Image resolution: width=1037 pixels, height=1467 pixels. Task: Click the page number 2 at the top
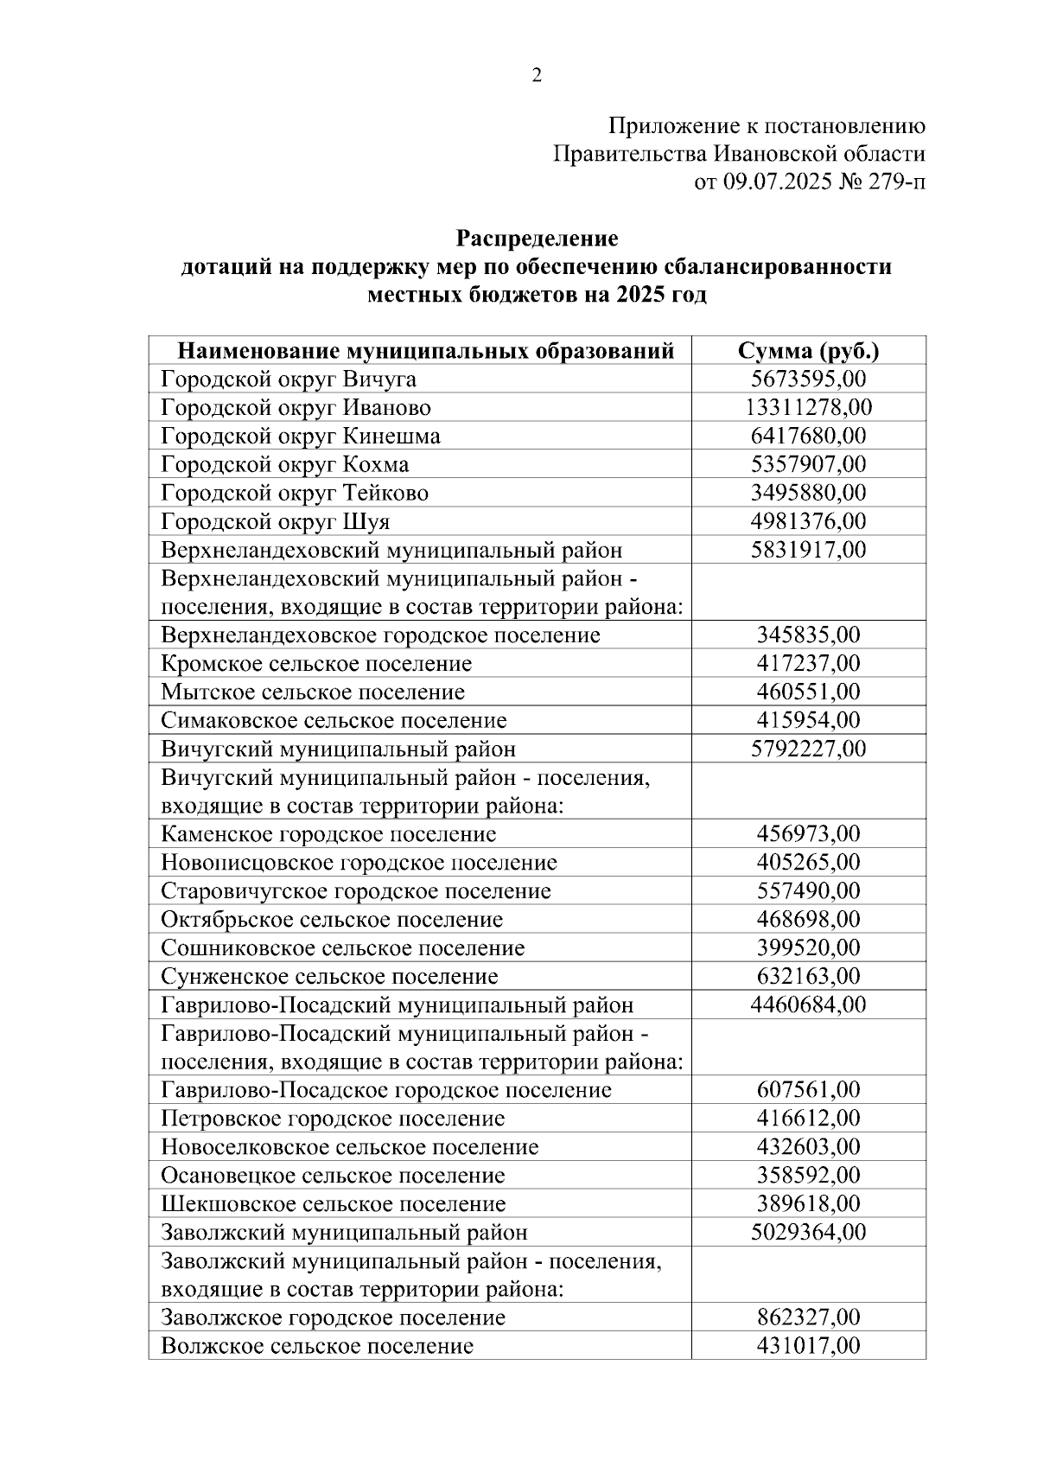click(x=537, y=76)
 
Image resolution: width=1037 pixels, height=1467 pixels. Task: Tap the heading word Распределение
click(x=537, y=238)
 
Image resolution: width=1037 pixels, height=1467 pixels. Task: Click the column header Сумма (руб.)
click(x=808, y=351)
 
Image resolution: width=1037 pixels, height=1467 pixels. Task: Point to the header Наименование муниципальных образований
click(x=425, y=351)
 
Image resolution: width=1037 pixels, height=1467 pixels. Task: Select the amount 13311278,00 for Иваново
click(x=808, y=407)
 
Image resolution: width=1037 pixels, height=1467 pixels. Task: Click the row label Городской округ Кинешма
click(x=301, y=436)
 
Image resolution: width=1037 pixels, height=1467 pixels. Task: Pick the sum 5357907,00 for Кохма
click(x=808, y=464)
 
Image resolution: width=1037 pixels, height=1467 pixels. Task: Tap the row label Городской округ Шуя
click(x=276, y=521)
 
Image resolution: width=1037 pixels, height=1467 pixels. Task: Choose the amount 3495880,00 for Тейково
click(x=808, y=493)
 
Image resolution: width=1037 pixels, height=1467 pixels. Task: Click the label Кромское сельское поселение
click(x=316, y=664)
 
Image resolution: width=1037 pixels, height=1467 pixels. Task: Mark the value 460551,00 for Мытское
click(x=808, y=692)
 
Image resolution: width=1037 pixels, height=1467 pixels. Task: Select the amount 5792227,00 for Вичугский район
click(x=808, y=748)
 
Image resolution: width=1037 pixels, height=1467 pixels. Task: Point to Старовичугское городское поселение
click(x=356, y=890)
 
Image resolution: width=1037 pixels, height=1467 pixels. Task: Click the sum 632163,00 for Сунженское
click(x=808, y=976)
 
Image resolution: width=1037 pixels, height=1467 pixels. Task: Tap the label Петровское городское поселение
click(x=333, y=1118)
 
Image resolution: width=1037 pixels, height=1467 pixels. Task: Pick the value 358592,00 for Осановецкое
click(x=808, y=1175)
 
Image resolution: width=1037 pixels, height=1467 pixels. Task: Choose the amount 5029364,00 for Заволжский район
click(x=808, y=1232)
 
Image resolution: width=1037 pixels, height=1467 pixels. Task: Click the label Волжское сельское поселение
click(x=317, y=1346)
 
